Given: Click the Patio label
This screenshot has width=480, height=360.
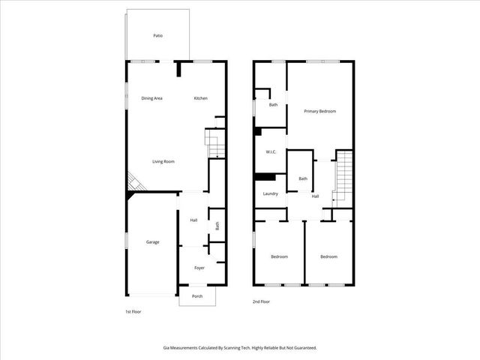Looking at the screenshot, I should point(157,35).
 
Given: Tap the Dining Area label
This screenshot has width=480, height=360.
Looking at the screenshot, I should point(152,98).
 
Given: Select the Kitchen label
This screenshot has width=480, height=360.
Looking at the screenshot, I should point(200,98).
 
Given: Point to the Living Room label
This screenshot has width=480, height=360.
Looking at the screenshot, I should point(163,161).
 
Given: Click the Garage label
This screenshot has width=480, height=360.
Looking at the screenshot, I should point(152,242).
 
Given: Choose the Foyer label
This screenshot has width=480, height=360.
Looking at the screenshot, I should point(199,267).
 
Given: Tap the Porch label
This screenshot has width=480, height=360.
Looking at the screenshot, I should point(197,296).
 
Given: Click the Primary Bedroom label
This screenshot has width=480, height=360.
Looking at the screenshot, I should point(319,111).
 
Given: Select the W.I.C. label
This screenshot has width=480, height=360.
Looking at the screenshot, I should point(271,152).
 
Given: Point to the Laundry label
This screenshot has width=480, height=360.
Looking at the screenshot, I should point(271,193).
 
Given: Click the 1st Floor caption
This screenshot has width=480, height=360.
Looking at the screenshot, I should point(133,311).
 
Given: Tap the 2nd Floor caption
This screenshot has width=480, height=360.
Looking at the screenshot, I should point(261,301).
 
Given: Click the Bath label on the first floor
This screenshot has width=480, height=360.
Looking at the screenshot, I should point(217,225).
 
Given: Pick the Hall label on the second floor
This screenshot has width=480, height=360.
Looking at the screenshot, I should point(315,196).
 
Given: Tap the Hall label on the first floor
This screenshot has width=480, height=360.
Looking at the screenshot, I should point(193,220).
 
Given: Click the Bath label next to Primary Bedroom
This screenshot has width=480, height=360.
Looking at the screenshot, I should point(273,104).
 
